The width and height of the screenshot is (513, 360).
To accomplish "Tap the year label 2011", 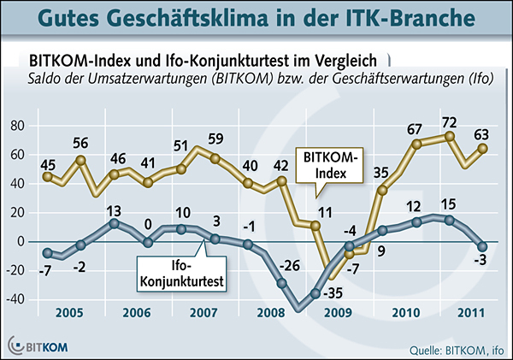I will pos(467,313).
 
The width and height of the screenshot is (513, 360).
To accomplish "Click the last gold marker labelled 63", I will pos(481,148).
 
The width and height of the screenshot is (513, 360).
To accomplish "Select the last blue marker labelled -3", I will pos(481,246).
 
